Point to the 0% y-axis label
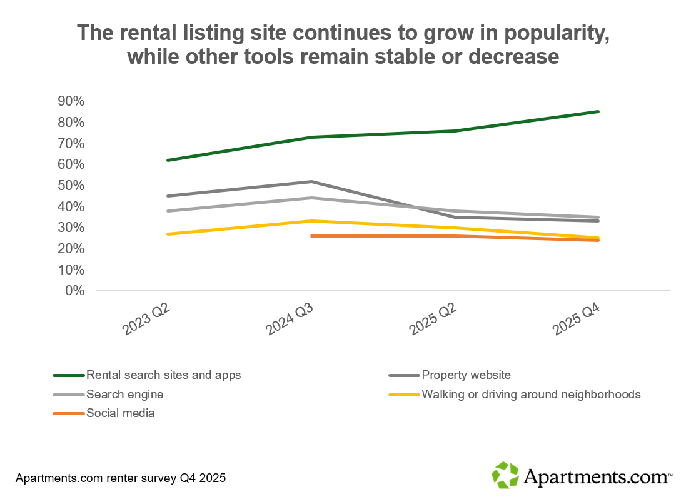tap(75, 291)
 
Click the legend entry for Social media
tap(120, 413)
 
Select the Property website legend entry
tap(466, 375)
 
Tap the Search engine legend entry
tap(124, 395)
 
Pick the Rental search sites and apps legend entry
tap(163, 375)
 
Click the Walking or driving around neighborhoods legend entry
tap(531, 395)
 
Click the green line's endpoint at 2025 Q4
tap(598, 111)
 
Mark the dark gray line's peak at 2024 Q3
tap(311, 181)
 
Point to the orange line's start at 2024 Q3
tap(311, 236)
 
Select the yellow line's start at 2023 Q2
tap(168, 234)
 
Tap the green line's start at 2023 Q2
tap(168, 160)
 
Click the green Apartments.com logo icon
tap(505, 475)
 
